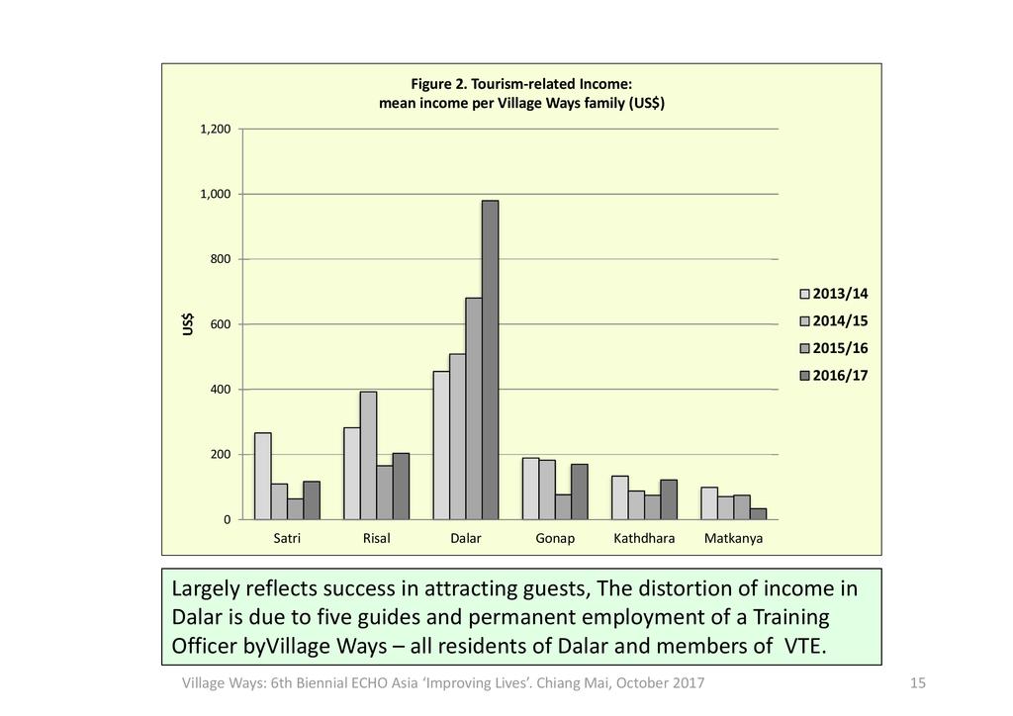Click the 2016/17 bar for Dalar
pos(490,360)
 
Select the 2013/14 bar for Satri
pos(262,476)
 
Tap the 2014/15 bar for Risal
pos(368,455)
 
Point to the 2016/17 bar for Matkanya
pos(758,513)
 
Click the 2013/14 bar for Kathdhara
pos(620,497)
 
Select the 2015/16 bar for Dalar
pos(474,408)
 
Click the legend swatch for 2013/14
pos(804,294)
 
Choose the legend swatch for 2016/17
pos(804,376)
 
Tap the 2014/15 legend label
pos(840,321)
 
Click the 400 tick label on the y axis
pos(220,390)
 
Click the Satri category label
pos(287,539)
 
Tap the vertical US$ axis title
pos(188,324)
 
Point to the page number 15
pos(917,683)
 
